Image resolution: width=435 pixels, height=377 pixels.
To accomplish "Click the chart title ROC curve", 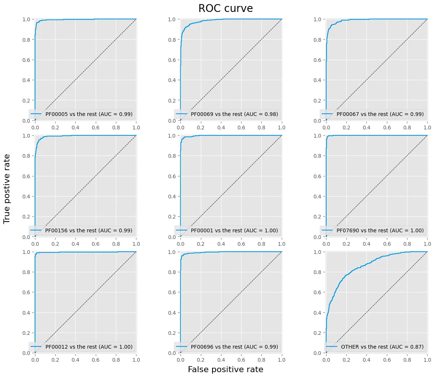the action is click(x=226, y=8).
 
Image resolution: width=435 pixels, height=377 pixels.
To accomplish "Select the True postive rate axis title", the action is click(x=6, y=189).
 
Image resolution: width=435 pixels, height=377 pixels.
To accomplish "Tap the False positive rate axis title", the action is click(x=226, y=369).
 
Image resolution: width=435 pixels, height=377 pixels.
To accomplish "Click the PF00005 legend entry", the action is click(x=82, y=114).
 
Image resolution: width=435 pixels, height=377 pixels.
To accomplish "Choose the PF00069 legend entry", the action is click(x=227, y=114).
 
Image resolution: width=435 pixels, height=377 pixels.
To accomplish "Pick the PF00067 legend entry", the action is click(x=373, y=114).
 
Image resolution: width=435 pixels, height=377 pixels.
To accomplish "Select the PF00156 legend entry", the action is click(x=82, y=230).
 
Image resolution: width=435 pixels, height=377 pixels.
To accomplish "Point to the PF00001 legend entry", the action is click(x=227, y=230).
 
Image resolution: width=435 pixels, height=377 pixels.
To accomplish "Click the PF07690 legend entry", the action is click(x=373, y=230).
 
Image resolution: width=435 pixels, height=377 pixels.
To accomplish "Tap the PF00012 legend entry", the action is click(x=82, y=346).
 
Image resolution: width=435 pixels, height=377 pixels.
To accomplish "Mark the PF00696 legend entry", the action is click(x=227, y=346).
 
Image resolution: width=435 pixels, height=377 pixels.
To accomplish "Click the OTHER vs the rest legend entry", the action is click(x=375, y=346).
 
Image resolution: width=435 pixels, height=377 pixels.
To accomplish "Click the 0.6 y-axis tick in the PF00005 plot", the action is click(x=26, y=60).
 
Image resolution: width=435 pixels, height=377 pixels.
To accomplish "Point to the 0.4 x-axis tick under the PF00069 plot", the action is click(x=221, y=128).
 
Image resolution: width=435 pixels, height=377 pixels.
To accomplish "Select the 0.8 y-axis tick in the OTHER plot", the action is click(x=317, y=272).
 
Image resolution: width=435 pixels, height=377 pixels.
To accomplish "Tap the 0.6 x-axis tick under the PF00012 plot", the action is click(x=96, y=360).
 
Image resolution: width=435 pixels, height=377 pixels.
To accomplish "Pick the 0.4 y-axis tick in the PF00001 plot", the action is click(x=172, y=197).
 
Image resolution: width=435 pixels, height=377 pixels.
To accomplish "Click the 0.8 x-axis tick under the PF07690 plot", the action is click(x=407, y=244).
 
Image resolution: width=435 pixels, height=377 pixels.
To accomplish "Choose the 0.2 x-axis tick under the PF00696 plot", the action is click(x=201, y=360).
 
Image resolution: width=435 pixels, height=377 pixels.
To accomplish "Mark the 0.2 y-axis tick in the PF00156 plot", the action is click(x=26, y=217).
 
